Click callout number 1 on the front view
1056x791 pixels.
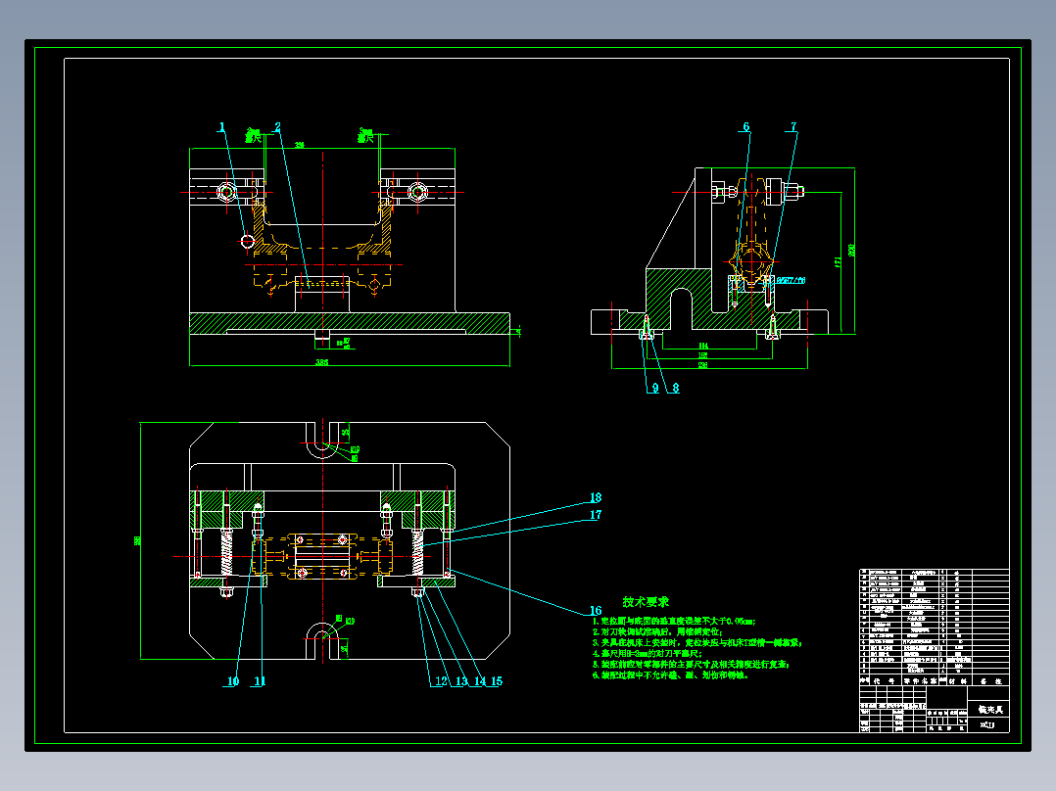[x=222, y=126]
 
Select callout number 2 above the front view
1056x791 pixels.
[x=277, y=126]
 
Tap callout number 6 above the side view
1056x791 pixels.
[x=745, y=126]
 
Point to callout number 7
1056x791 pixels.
[x=793, y=126]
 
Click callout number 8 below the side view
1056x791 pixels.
[x=675, y=388]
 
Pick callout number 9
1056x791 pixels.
[x=653, y=388]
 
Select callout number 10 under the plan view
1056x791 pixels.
[x=233, y=681]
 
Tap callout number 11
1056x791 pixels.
[x=260, y=681]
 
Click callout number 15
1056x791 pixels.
[x=496, y=681]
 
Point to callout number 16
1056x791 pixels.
[x=595, y=611]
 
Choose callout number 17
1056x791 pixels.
[x=595, y=515]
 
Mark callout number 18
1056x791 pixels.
[x=595, y=498]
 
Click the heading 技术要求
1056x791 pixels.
[x=646, y=601]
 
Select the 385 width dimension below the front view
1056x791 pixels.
[x=321, y=362]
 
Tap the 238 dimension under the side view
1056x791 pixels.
[x=702, y=365]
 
